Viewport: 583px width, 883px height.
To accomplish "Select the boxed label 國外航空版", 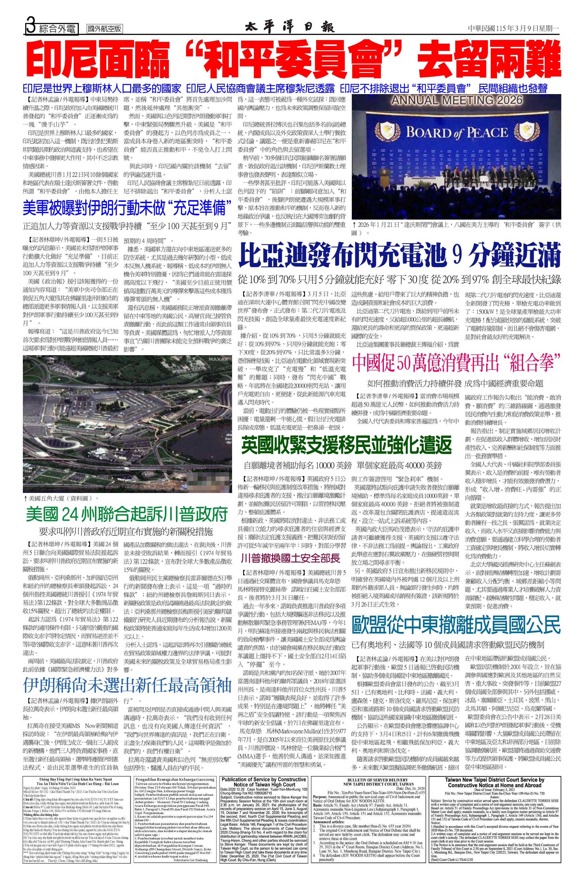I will (x=105, y=29).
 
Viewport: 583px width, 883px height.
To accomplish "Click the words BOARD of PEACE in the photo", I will (x=457, y=133).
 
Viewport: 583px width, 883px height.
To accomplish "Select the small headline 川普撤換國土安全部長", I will (x=290, y=558).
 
